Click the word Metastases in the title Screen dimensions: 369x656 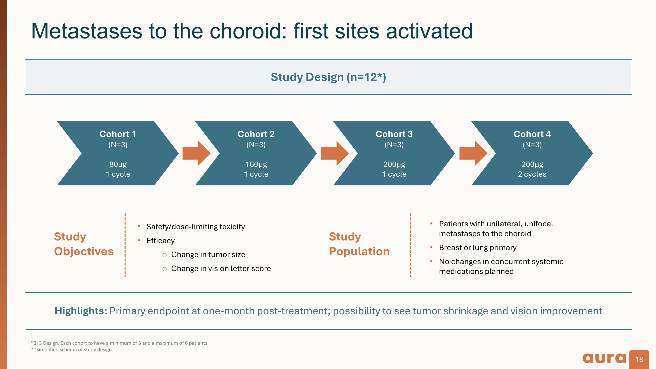87,31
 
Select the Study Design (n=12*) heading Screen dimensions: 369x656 328,77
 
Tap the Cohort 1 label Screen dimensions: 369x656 118,134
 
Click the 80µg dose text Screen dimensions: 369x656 118,164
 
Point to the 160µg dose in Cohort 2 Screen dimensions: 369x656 256,164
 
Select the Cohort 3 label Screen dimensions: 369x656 394,134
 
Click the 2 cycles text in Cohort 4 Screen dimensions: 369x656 532,174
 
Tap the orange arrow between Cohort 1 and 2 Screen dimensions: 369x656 196,153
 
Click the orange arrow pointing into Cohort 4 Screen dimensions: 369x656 473,153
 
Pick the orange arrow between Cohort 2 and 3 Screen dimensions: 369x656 335,153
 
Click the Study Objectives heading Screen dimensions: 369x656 84,244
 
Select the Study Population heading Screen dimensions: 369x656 359,244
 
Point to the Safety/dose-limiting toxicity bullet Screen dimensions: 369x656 195,227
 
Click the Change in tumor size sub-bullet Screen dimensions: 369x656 208,255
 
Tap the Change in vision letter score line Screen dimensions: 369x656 221,268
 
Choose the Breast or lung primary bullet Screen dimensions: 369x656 478,248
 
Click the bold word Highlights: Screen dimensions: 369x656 81,311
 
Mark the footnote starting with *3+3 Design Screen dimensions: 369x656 119,343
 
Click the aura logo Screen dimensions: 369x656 604,359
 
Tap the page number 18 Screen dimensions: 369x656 639,360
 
